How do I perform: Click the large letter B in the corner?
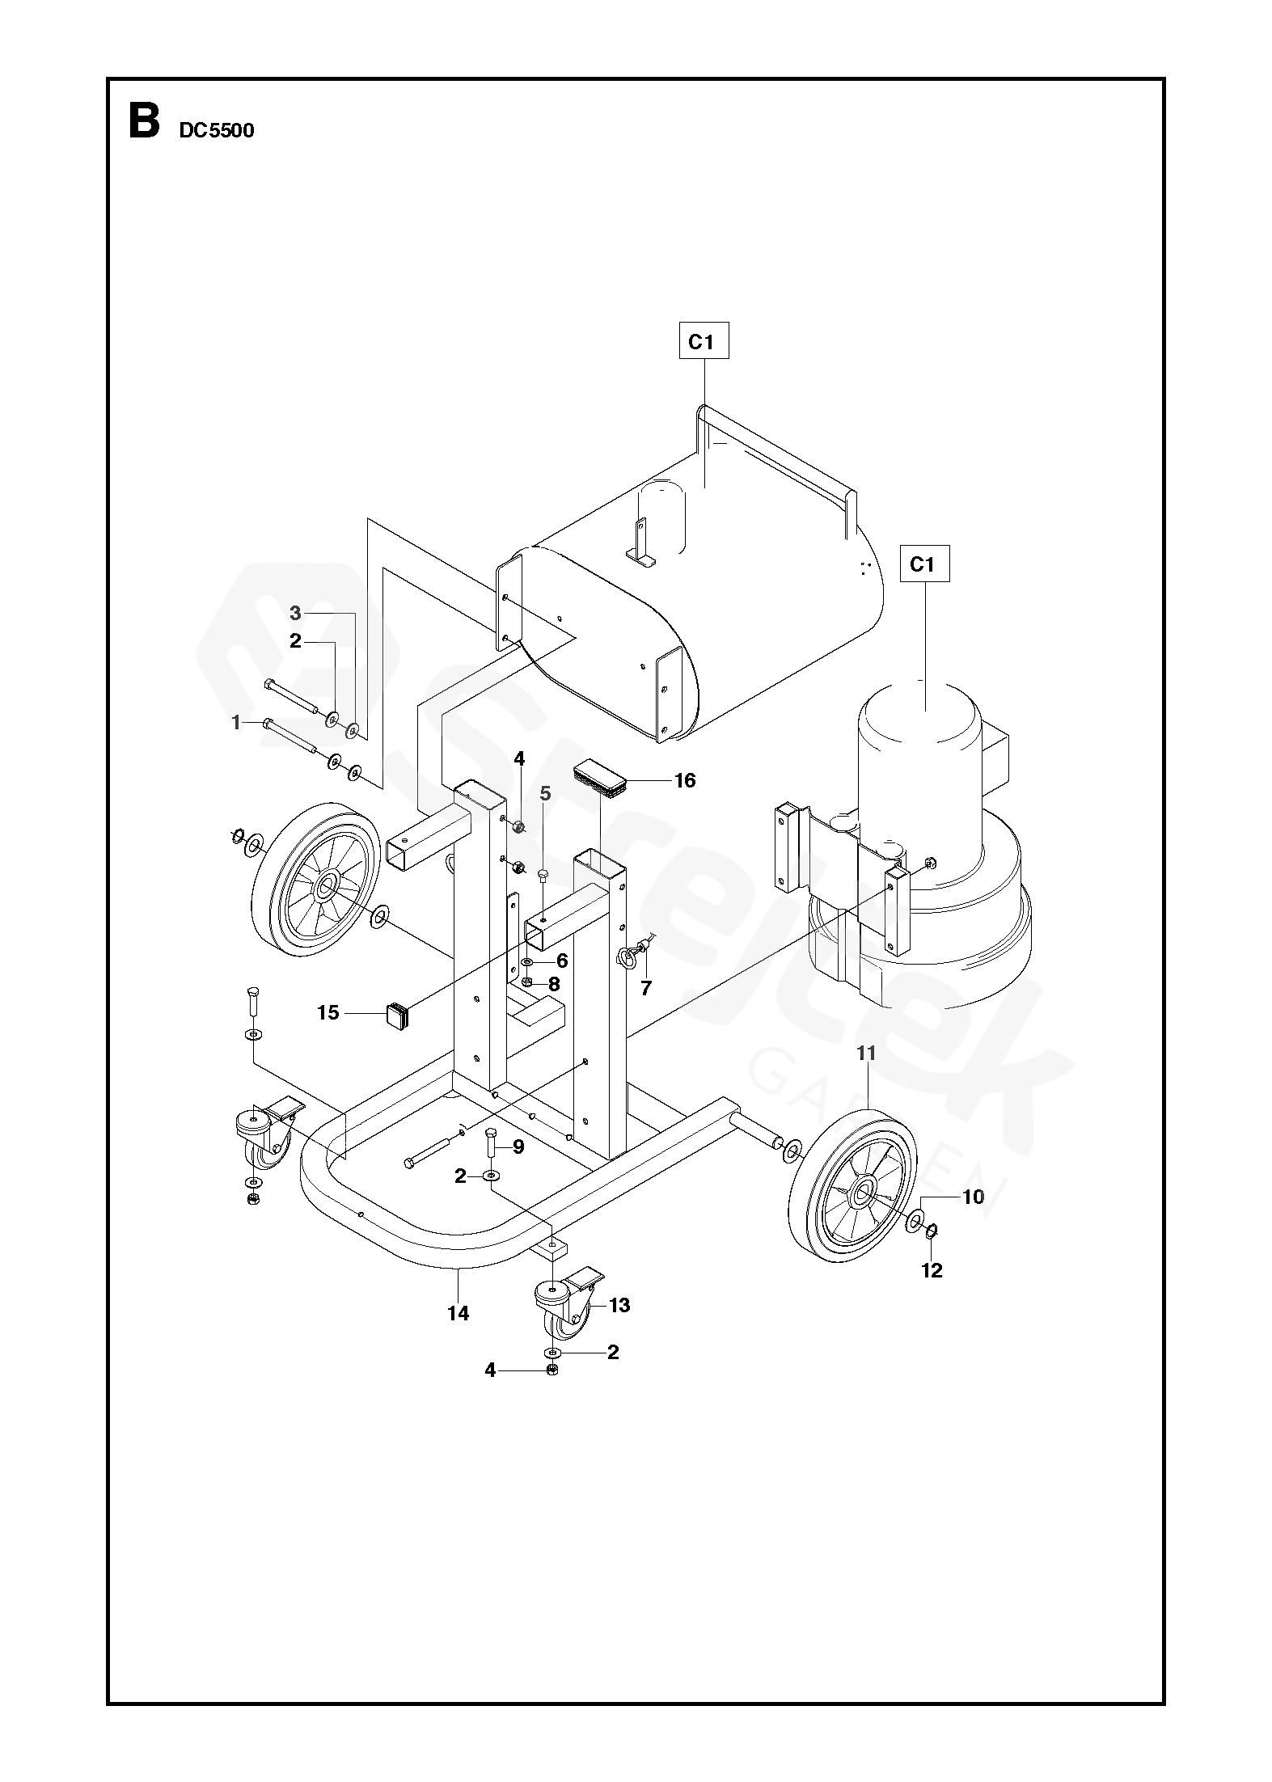point(144,121)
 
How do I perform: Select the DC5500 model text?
point(216,131)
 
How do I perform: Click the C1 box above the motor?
point(922,564)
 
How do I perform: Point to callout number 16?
point(685,780)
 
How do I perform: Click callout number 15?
point(328,1012)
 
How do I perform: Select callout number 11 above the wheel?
point(866,1053)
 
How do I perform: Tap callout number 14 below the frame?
point(458,1314)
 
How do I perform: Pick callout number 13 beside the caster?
point(619,1305)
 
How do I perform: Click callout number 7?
point(646,987)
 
